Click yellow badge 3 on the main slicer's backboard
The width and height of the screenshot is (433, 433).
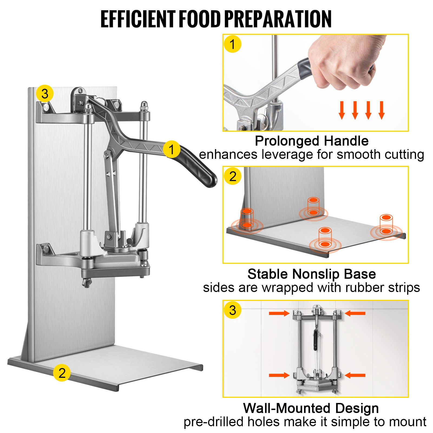(x=45, y=94)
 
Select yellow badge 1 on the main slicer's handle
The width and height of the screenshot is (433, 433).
(x=172, y=149)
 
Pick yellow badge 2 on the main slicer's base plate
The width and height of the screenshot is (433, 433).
(x=62, y=373)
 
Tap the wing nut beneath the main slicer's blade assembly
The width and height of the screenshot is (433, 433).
(x=87, y=283)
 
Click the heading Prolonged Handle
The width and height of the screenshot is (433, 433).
(x=311, y=141)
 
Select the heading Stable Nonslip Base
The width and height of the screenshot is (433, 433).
(x=311, y=274)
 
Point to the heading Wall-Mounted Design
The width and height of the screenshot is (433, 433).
(x=311, y=408)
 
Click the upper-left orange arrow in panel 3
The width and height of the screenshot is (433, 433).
(x=279, y=313)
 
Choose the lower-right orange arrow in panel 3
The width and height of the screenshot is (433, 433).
(x=355, y=375)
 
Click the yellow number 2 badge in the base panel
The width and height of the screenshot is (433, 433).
(x=233, y=176)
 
